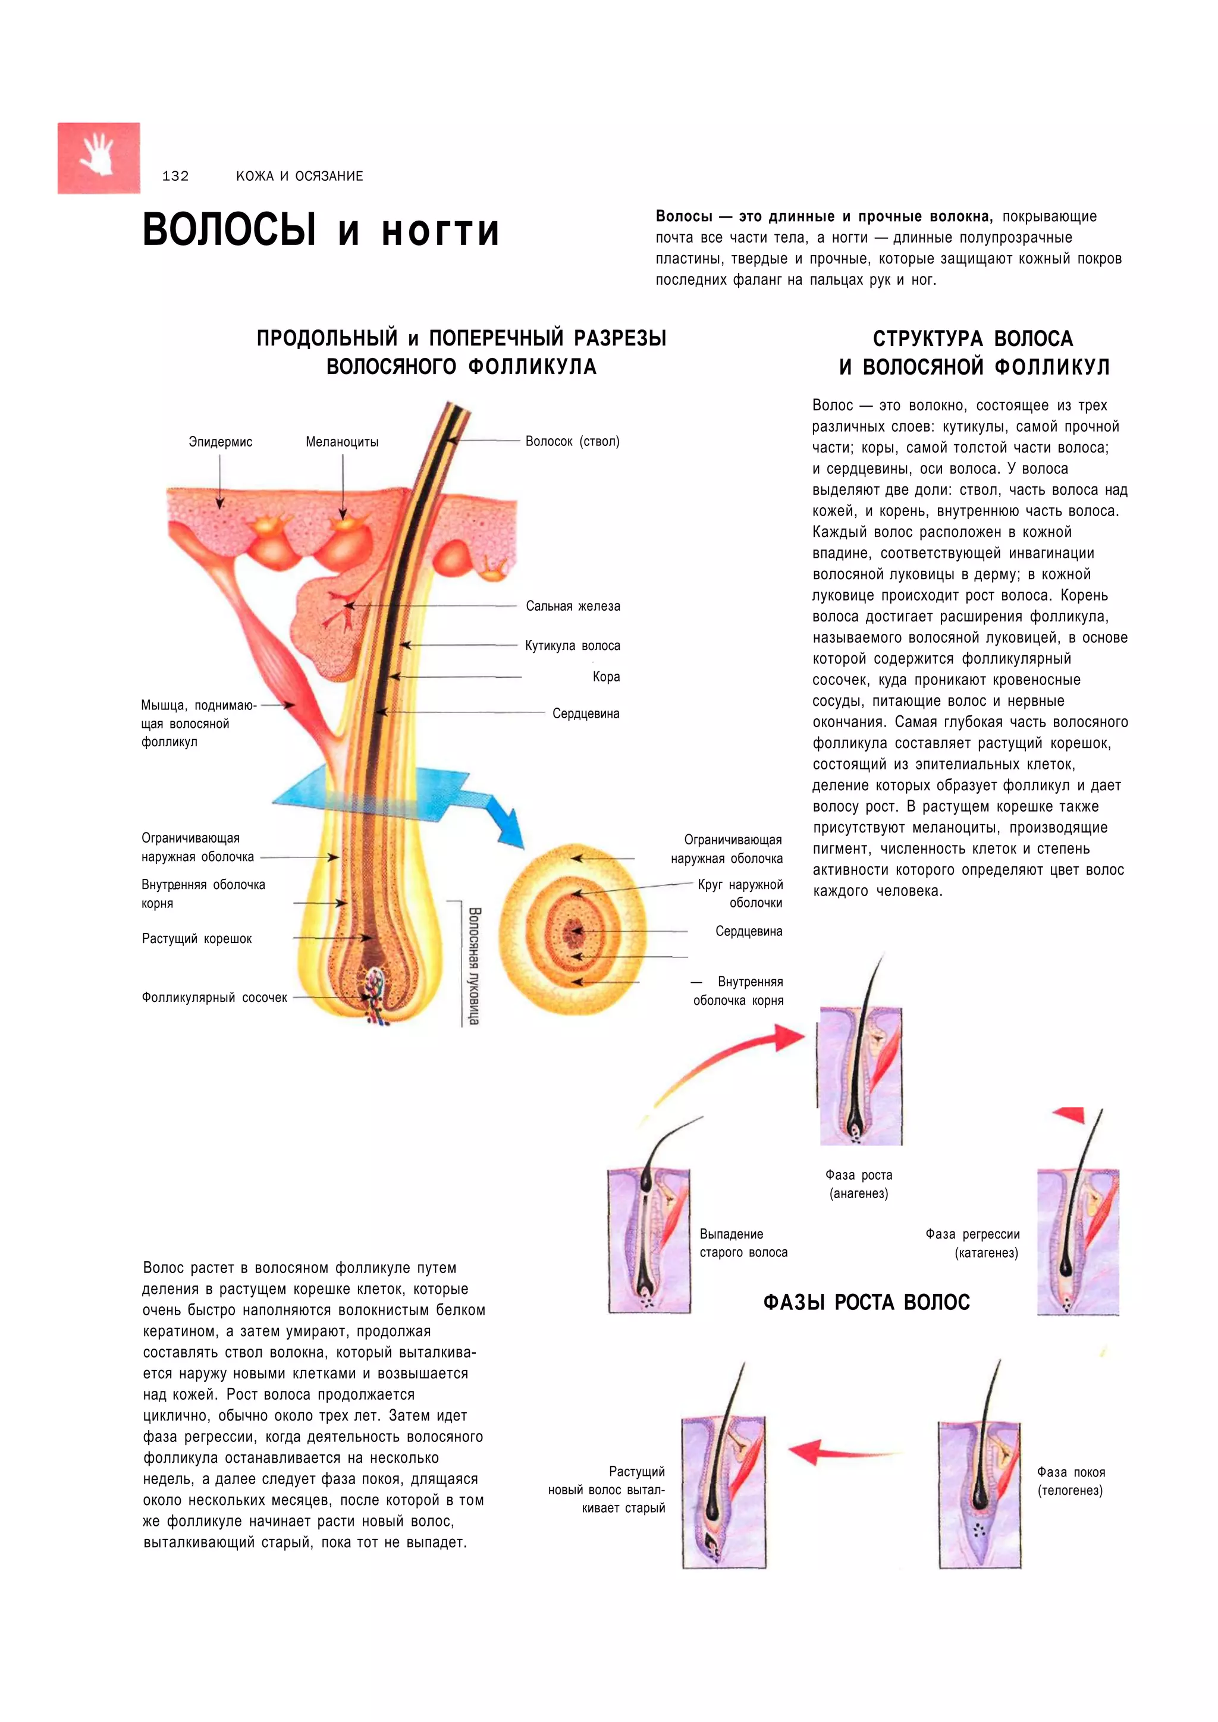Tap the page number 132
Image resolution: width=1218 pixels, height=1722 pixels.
coord(175,176)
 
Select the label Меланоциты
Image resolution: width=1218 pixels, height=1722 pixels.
coord(342,442)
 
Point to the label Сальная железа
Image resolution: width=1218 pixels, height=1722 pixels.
coord(572,606)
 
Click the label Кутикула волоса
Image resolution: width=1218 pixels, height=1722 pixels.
coord(572,646)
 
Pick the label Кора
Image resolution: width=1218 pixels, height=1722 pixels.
coord(606,677)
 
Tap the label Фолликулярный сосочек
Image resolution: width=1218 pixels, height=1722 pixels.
coord(215,998)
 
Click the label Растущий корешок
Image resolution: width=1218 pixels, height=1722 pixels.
coord(196,938)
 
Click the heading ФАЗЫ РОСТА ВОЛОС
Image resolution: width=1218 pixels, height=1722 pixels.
coord(867,1302)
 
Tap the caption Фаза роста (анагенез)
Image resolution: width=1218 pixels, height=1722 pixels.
coord(859,1184)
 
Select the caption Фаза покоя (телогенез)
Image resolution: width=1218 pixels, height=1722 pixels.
coord(1071,1481)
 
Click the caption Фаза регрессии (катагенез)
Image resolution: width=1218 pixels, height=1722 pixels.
coord(973,1243)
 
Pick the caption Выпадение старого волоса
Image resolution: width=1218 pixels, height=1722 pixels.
coord(743,1243)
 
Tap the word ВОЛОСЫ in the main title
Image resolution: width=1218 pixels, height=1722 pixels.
coord(230,230)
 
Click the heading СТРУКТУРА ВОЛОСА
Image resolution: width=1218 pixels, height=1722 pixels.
coord(973,339)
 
